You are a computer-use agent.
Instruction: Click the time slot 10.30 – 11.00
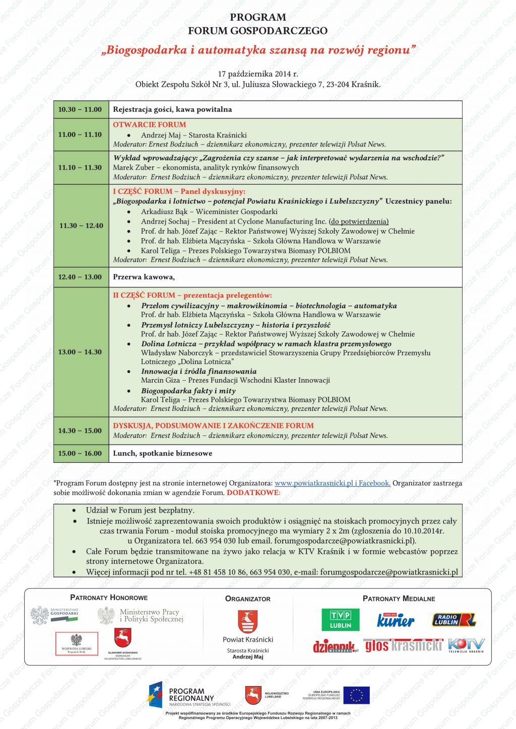(80, 109)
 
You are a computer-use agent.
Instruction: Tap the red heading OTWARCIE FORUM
(149, 124)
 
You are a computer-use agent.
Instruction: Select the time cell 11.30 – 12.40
(81, 226)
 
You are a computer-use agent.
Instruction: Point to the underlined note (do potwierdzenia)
(359, 222)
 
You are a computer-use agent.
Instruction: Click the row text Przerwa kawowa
(144, 277)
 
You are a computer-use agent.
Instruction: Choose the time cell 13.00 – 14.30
(80, 352)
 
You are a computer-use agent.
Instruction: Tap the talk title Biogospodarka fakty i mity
(188, 391)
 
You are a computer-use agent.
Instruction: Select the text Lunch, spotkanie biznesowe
(162, 453)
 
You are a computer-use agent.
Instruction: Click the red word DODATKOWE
(253, 492)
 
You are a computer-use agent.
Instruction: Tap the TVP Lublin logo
(341, 620)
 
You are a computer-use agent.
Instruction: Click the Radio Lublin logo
(454, 620)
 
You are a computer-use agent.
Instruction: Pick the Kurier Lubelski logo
(396, 620)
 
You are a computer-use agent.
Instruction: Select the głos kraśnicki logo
(403, 645)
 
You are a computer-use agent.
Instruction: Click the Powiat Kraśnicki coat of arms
(247, 622)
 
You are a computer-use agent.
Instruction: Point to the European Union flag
(356, 695)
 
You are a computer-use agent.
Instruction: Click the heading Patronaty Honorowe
(109, 598)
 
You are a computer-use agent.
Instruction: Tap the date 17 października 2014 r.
(258, 74)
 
